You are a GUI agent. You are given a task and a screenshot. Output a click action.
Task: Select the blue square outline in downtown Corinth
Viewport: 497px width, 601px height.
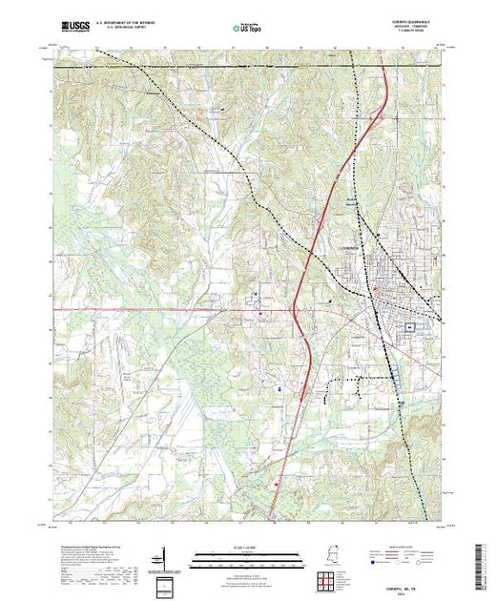[x=409, y=325]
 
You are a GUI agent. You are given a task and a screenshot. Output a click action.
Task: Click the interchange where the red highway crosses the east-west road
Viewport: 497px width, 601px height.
[x=295, y=309]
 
